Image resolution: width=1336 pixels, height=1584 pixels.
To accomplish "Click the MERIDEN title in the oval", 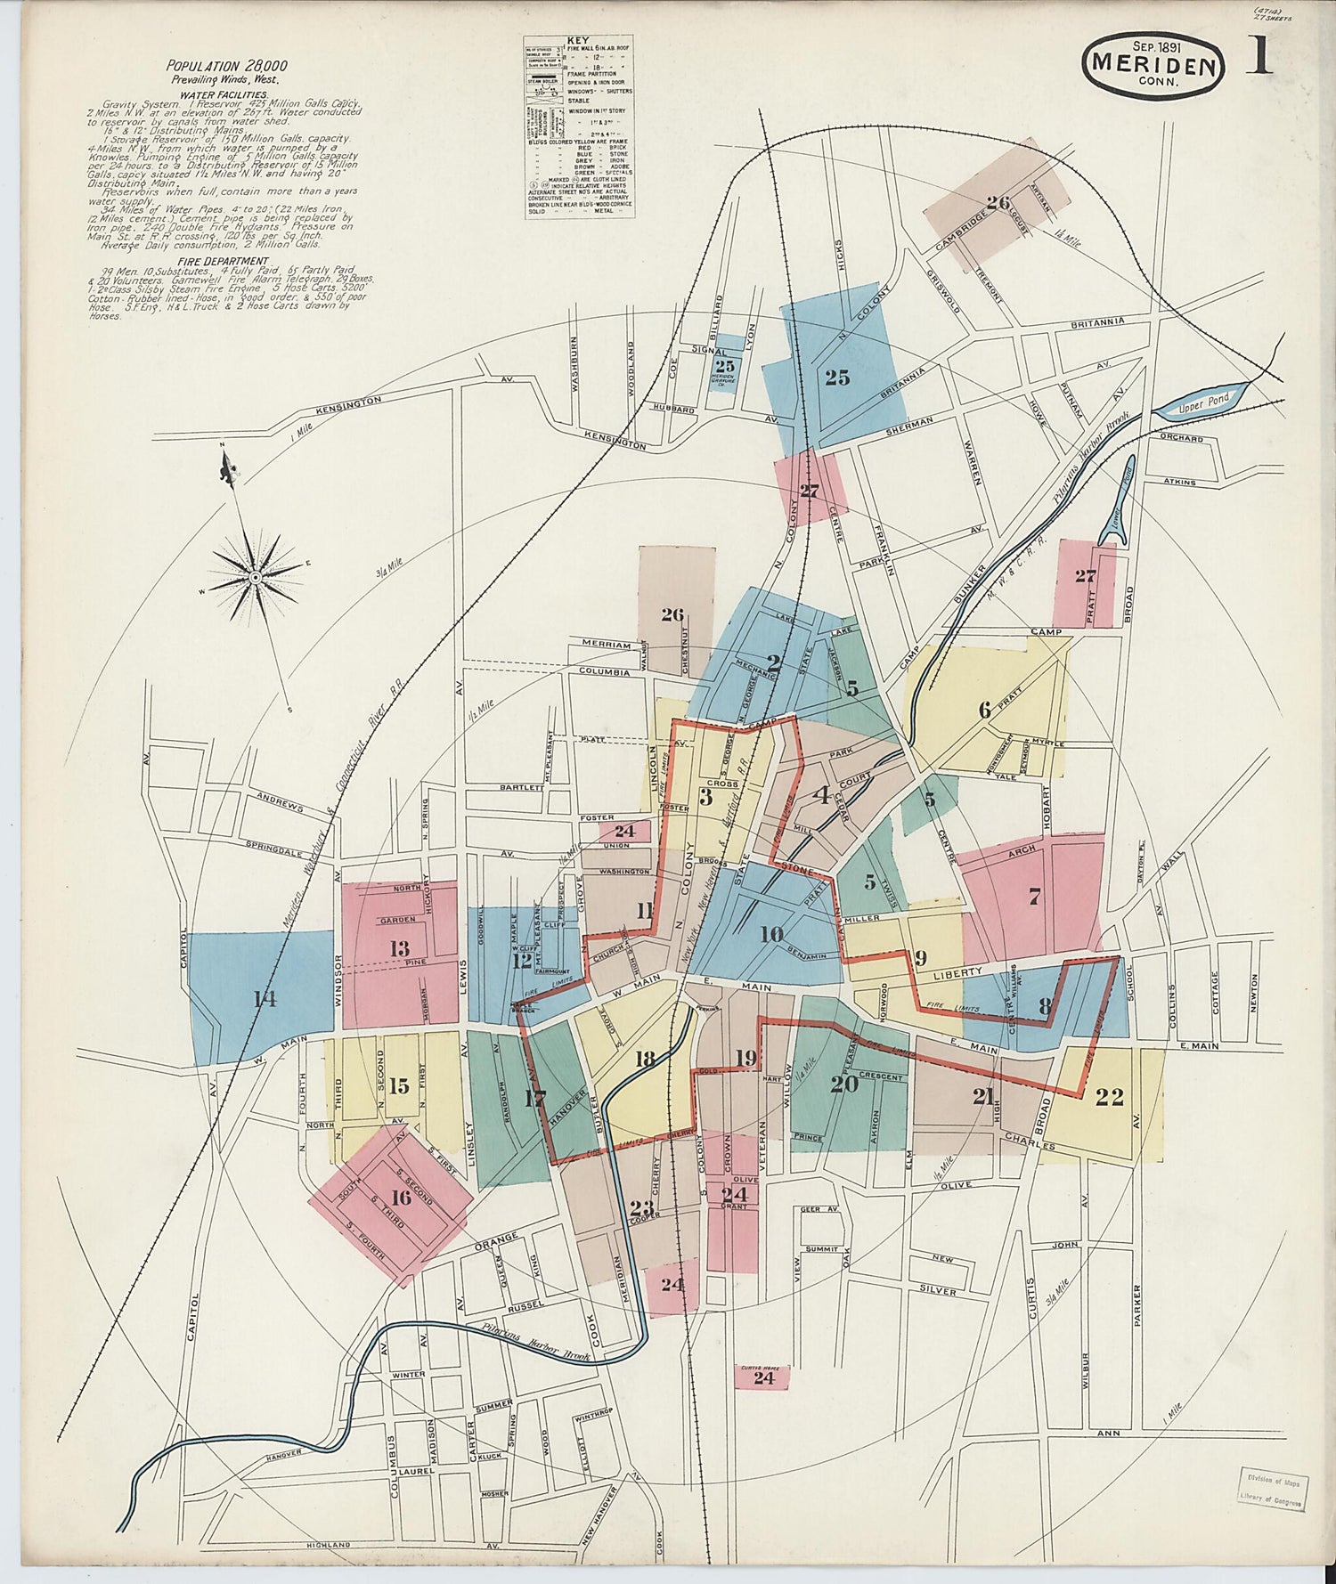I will click(1153, 64).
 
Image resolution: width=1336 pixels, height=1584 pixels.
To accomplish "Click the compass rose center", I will click(256, 577).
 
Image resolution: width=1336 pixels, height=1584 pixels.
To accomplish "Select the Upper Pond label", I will click(1202, 402).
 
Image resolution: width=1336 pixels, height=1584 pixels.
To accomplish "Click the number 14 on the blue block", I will click(264, 999).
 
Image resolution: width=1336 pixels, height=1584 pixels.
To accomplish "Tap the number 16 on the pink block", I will click(402, 1197).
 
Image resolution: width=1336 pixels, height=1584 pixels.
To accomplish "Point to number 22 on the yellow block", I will click(1110, 1098).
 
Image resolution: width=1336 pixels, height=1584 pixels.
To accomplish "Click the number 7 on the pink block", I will click(1034, 898).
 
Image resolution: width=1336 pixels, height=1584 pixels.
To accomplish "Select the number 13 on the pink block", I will click(399, 949).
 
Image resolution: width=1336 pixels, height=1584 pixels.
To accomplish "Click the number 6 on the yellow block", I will click(984, 710).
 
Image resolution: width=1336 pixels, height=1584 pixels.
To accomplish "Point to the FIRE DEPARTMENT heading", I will click(223, 261).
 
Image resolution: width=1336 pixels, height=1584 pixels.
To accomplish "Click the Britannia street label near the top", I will click(1097, 321).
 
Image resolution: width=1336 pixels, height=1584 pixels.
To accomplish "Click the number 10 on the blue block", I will click(771, 934).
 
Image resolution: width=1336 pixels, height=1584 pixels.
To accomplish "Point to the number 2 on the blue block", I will click(774, 662).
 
